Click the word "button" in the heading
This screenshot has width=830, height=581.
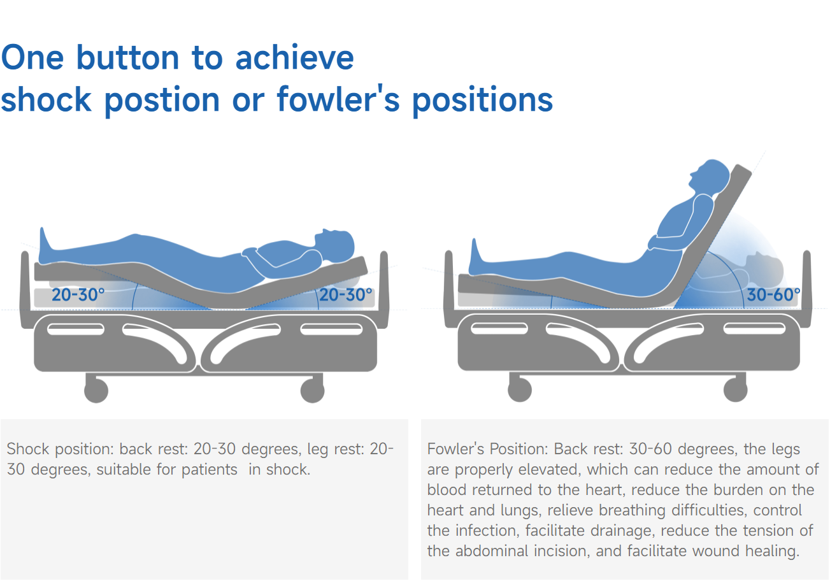pos(128,58)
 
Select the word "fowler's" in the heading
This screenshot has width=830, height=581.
pos(338,99)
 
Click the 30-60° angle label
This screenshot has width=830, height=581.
pos(773,295)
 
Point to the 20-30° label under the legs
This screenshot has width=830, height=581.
pos(78,295)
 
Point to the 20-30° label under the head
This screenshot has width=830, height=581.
pos(346,295)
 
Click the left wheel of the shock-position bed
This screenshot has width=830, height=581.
pos(96,391)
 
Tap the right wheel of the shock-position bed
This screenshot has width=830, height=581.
pos(312,391)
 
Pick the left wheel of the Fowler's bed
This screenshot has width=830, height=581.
pos(520,390)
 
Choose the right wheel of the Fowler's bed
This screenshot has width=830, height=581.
pos(736,390)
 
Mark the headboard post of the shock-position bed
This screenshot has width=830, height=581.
pos(384,289)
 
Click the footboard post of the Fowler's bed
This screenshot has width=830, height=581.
pos(448,289)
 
